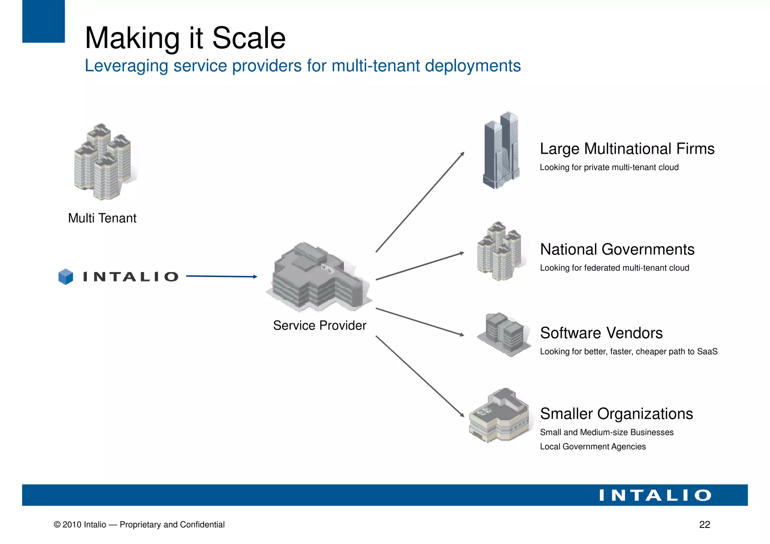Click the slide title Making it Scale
coord(185,38)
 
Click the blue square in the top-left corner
coord(43,21)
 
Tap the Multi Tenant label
coord(102,218)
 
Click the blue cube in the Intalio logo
coord(66,277)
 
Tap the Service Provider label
coord(320,325)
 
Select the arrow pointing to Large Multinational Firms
coord(420,202)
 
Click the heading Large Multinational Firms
coord(627,149)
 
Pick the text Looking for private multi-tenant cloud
coord(609,167)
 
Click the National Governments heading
coord(617,250)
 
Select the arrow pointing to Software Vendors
coord(420,322)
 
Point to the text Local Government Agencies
coord(593,447)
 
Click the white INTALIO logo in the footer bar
coord(655,495)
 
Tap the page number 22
coord(704,524)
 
